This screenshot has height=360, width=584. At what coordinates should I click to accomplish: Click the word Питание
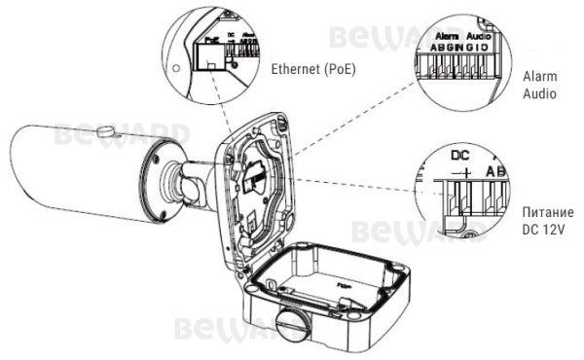(544, 212)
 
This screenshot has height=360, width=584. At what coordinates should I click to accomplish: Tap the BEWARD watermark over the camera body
(123, 134)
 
